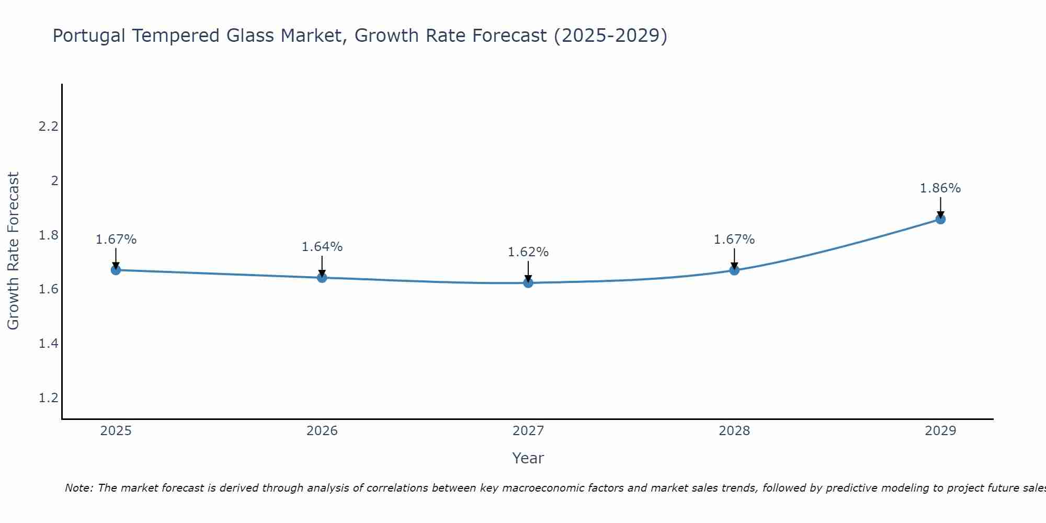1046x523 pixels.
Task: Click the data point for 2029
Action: coord(940,219)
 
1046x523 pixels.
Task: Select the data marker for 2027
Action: coord(528,283)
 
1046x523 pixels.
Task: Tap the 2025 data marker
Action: coord(116,270)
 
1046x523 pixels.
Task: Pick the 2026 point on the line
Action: coord(322,278)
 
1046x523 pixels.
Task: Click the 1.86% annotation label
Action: coord(940,188)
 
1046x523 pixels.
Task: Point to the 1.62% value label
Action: coord(528,252)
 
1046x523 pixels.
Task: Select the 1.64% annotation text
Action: coord(322,247)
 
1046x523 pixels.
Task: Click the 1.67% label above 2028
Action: coord(734,240)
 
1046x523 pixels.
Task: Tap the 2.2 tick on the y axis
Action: coord(49,127)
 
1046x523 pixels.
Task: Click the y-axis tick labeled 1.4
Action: coord(49,344)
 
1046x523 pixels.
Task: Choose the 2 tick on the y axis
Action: coord(54,181)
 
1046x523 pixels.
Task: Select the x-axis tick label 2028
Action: coord(734,431)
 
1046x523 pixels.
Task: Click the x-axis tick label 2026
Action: coord(322,431)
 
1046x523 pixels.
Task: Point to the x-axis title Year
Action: coord(528,458)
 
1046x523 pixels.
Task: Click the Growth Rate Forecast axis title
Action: coord(14,251)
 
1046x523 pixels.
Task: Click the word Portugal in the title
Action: coord(89,36)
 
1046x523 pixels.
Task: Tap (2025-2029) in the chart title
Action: coord(610,36)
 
